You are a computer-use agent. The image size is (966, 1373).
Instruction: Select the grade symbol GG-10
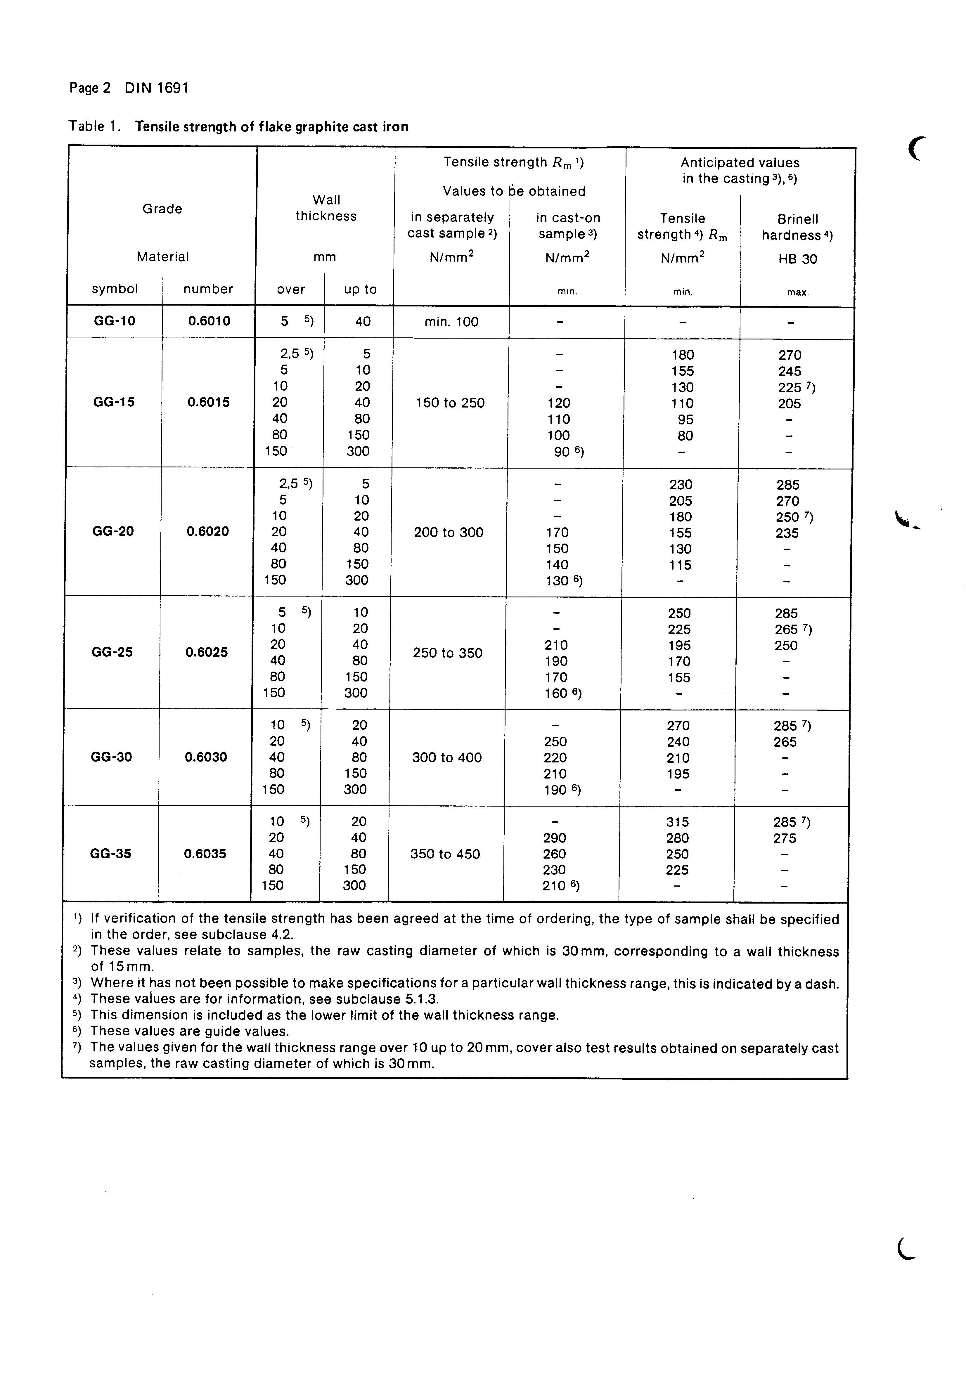click(115, 321)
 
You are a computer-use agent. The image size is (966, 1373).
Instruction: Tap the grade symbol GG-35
click(111, 853)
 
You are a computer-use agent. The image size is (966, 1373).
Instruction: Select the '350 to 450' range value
click(445, 854)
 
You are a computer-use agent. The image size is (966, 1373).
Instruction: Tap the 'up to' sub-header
click(360, 289)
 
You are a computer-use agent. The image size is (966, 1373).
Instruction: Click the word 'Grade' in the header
click(162, 209)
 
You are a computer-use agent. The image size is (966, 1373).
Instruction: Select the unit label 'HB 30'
click(797, 259)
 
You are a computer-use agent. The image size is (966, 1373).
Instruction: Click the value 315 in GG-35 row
click(677, 822)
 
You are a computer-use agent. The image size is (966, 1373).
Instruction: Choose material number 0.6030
click(206, 757)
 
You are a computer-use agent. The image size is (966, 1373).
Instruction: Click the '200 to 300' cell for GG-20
click(449, 532)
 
